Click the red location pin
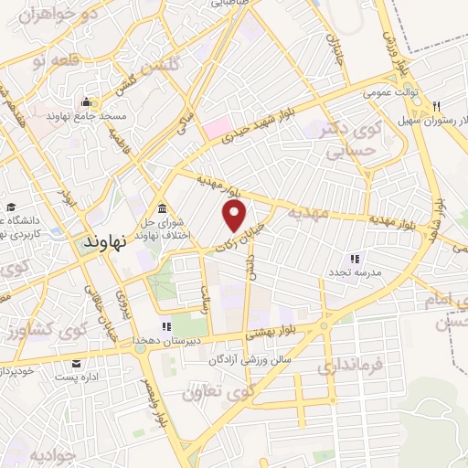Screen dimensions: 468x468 [x=235, y=216]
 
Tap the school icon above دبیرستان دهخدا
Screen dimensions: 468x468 [x=166, y=325]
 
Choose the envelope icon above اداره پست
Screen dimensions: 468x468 [x=75, y=362]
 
